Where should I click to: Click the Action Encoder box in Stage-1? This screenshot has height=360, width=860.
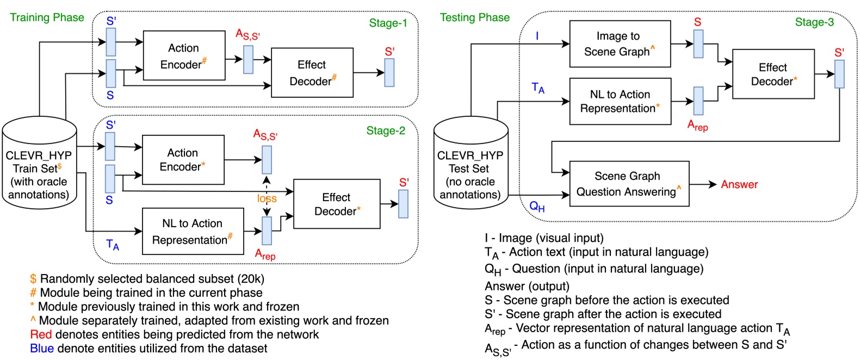click(x=184, y=56)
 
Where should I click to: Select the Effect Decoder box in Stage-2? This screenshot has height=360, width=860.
click(x=337, y=204)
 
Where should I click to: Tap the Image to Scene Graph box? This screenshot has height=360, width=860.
click(x=620, y=44)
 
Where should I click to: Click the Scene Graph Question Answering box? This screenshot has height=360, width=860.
click(x=629, y=184)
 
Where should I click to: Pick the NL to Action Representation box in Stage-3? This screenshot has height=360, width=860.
click(x=620, y=101)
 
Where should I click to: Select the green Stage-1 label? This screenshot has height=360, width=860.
click(x=388, y=23)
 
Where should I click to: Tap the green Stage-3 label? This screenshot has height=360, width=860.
click(x=814, y=22)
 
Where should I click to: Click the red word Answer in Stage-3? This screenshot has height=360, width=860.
click(x=739, y=184)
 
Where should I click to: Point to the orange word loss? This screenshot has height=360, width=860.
click(x=267, y=198)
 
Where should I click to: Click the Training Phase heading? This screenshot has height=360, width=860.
click(x=47, y=17)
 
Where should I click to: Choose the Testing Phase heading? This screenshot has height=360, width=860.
click(x=474, y=17)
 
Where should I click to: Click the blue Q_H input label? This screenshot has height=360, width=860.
click(x=537, y=206)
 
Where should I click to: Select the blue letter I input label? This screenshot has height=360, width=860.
click(x=537, y=36)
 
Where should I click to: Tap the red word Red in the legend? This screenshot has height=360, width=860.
click(x=41, y=334)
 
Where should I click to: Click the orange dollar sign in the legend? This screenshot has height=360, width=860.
click(x=33, y=279)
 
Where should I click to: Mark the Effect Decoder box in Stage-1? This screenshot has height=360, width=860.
click(x=312, y=73)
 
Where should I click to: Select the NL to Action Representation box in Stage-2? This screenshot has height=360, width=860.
click(x=193, y=231)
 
